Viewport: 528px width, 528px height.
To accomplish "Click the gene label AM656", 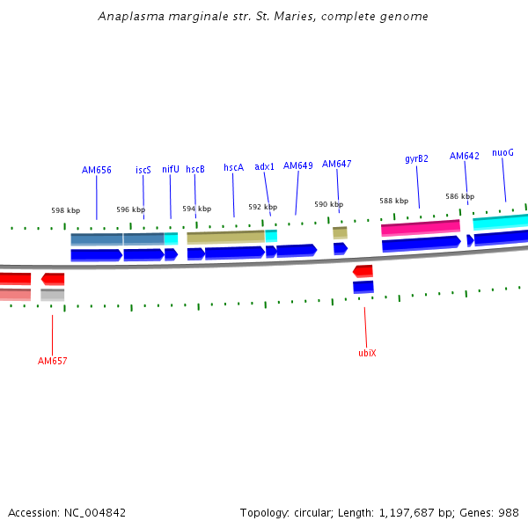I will click(97, 170).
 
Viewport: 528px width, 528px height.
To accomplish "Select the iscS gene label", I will click(143, 170).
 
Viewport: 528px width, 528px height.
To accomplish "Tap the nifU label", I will click(171, 169).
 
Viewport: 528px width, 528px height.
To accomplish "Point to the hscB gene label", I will click(195, 169).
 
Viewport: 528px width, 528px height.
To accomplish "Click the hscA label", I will click(233, 167).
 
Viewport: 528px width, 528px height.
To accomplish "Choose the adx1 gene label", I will click(265, 166).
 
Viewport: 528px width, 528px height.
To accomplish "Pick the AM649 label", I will click(298, 165).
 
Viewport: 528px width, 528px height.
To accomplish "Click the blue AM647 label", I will click(336, 164).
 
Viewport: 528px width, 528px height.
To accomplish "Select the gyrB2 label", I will click(417, 159).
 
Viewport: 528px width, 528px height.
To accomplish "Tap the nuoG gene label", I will click(503, 152).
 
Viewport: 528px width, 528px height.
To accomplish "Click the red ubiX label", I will click(367, 353).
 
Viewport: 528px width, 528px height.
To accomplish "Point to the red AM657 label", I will click(53, 361).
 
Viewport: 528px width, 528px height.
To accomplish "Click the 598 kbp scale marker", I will click(65, 211).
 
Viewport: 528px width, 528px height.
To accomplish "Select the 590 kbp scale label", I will click(328, 204).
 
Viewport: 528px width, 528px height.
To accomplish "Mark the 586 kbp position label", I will click(459, 196).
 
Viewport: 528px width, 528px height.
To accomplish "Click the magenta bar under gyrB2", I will click(420, 227).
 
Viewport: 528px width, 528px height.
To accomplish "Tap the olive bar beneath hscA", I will click(225, 237).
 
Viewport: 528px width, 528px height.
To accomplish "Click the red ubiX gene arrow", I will click(363, 271).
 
